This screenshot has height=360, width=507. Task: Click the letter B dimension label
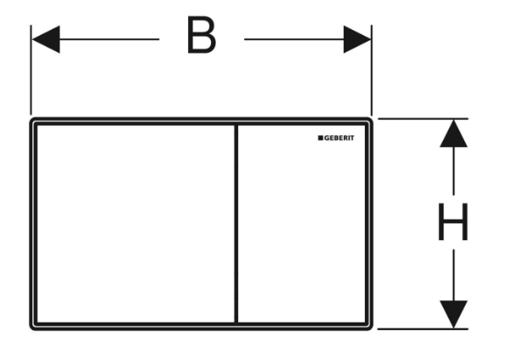[202, 35]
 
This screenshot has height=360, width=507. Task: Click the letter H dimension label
[453, 222]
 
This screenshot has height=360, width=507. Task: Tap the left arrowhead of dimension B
[46, 39]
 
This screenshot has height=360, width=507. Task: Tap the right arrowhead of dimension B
[357, 39]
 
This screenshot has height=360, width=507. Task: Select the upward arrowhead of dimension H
[453, 134]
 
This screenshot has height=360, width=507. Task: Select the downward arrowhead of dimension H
[453, 314]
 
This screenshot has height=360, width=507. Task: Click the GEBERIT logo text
[339, 138]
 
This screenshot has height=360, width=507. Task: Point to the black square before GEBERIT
[321, 138]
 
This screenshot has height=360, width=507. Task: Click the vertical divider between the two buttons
[236, 224]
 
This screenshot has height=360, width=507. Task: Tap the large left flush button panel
[135, 224]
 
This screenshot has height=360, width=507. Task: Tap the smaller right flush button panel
[302, 224]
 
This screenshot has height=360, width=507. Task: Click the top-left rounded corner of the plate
[32, 120]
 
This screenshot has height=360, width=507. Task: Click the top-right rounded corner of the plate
[370, 120]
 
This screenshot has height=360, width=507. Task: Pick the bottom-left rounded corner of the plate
[32, 328]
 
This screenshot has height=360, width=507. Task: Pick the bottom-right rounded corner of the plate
[370, 328]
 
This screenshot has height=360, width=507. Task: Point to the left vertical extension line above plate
[31, 70]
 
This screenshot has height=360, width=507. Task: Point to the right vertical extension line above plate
[372, 70]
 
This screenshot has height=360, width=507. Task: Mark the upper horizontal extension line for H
[423, 118]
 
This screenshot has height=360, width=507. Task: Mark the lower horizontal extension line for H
[423, 329]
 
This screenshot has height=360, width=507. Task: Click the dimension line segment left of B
[109, 39]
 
